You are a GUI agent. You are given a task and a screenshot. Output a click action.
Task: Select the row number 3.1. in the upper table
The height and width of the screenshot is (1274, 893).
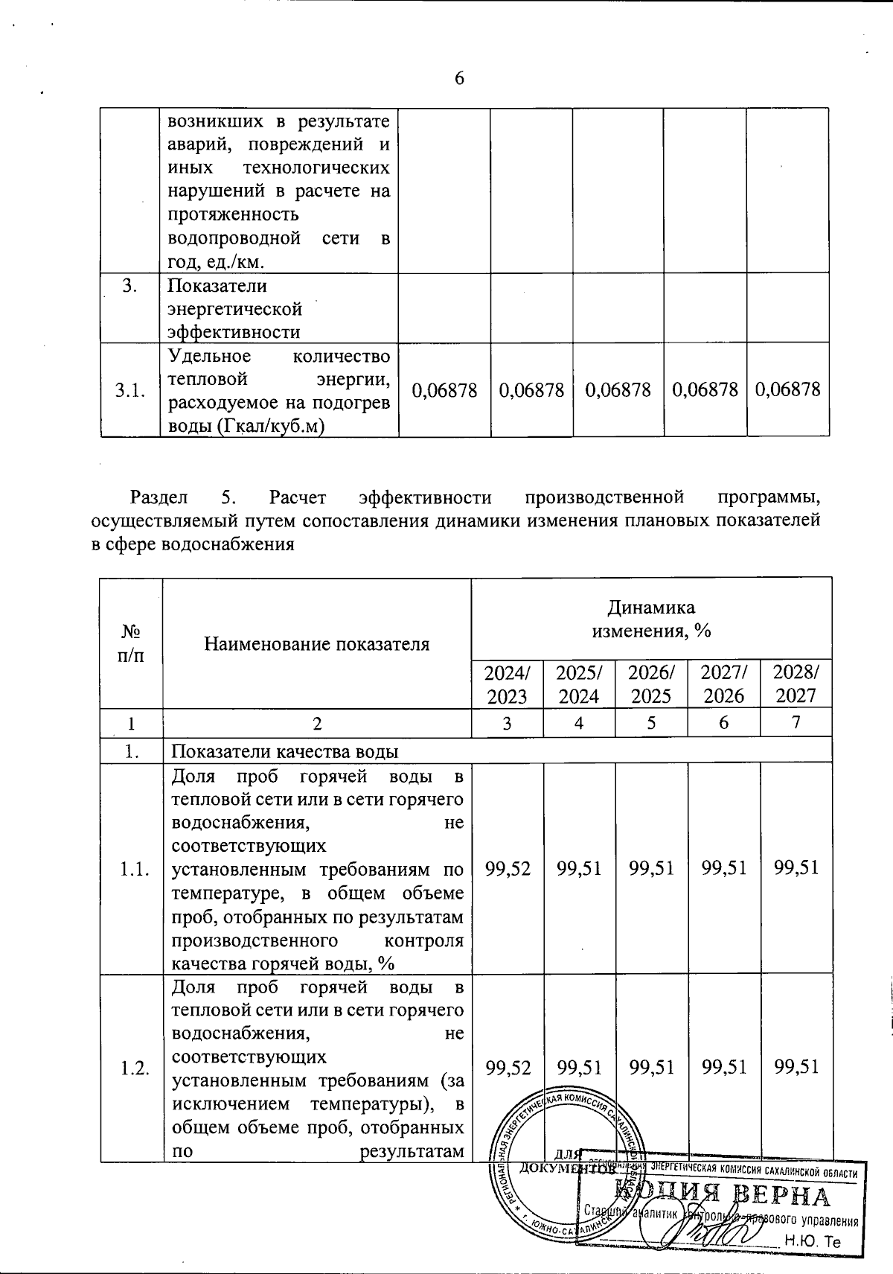pyautogui.click(x=130, y=390)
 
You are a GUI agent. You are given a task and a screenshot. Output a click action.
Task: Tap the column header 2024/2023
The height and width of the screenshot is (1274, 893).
pyautogui.click(x=508, y=684)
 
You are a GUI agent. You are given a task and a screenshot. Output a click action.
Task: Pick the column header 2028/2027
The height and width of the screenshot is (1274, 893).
pyautogui.click(x=796, y=684)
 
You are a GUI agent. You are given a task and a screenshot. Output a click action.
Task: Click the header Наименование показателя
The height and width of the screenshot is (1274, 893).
pyautogui.click(x=317, y=643)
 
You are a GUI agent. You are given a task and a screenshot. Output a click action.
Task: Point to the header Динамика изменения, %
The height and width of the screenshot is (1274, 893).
pyautogui.click(x=651, y=620)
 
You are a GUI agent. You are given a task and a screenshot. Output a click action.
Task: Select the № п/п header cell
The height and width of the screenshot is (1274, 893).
pyautogui.click(x=132, y=643)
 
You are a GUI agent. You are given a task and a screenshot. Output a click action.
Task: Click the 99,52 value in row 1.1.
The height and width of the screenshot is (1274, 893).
pyautogui.click(x=508, y=867)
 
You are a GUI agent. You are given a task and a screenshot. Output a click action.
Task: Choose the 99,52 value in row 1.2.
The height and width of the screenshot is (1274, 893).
pyautogui.click(x=508, y=1068)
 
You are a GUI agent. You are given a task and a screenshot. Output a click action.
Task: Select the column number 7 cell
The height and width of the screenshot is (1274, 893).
pyautogui.click(x=796, y=722)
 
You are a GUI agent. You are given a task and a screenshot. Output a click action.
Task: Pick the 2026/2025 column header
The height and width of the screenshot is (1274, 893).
pyautogui.click(x=651, y=684)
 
